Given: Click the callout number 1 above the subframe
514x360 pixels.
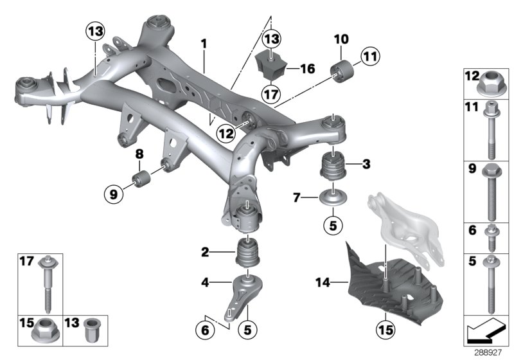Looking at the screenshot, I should (x=204, y=44).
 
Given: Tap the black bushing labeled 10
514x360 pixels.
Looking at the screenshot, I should (x=341, y=69).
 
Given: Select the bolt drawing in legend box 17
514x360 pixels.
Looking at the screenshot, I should (x=48, y=282).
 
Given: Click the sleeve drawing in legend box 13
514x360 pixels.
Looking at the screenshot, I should (x=91, y=333).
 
